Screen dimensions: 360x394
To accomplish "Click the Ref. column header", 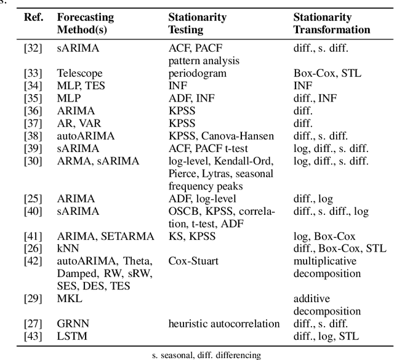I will click(x=33, y=17).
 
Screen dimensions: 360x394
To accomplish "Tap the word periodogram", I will click(x=195, y=73).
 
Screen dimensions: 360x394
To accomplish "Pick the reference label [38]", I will click(x=33, y=136).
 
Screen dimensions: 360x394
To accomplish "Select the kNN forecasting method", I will click(x=66, y=249).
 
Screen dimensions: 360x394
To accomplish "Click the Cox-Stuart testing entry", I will click(x=193, y=261).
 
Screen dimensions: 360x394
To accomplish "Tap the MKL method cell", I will click(x=69, y=298).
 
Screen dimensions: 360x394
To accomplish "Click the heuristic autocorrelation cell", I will click(x=223, y=324).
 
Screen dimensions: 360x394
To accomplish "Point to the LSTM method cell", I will click(x=71, y=336).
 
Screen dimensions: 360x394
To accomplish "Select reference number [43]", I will click(x=33, y=336).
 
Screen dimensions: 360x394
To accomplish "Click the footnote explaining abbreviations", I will click(x=206, y=354).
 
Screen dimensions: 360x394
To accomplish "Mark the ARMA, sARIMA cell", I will click(x=98, y=161).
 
